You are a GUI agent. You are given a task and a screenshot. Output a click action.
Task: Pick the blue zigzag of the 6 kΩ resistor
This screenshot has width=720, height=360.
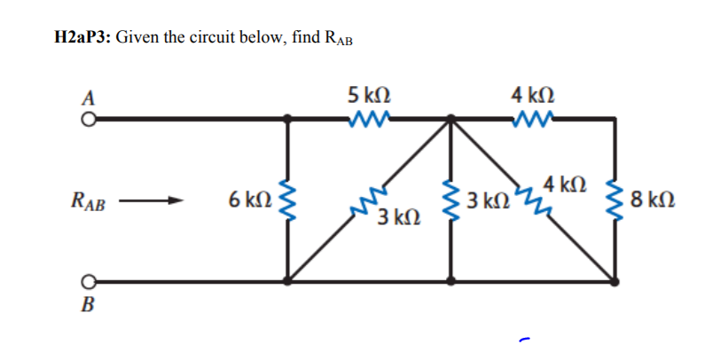coord(286,200)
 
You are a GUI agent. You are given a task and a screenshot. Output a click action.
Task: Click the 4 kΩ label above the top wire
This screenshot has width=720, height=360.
coord(533,94)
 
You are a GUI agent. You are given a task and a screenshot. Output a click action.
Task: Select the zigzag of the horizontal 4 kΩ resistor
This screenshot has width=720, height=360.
coord(533,117)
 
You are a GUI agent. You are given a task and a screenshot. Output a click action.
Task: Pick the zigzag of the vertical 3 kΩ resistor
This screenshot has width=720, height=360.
coord(451,200)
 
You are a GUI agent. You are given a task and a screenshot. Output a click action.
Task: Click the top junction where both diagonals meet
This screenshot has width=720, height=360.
coord(451,117)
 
